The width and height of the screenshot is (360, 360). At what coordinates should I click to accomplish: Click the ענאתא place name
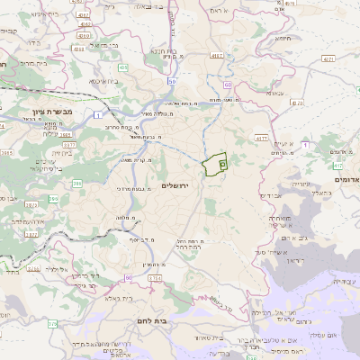click(x=274, y=93)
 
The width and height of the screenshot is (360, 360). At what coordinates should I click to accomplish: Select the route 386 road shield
click(x=77, y=184)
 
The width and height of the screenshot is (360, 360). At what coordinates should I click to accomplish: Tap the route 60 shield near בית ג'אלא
click(x=129, y=277)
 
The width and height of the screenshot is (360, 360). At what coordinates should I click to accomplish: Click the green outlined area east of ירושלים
click(x=213, y=165)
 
